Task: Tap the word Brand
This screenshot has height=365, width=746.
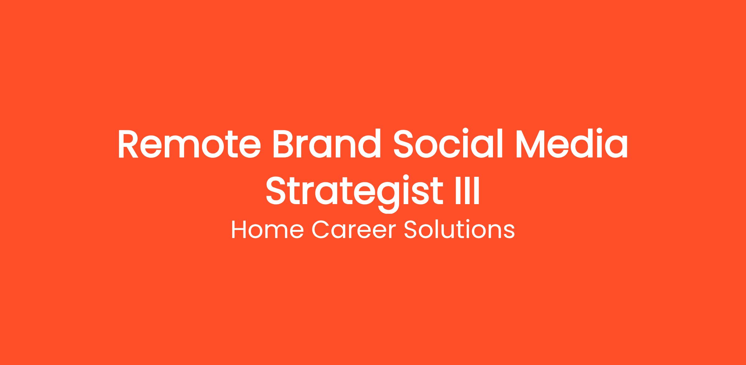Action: (327, 144)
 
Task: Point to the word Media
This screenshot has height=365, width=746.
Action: (572, 144)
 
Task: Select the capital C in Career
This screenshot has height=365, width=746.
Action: (320, 230)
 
